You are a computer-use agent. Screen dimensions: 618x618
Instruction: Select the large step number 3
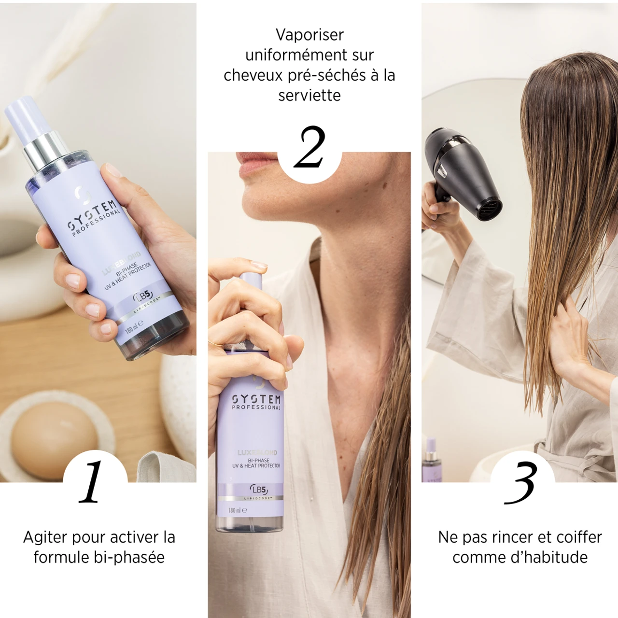click(x=521, y=483)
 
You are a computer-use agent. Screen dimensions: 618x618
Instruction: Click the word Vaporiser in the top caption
click(x=309, y=35)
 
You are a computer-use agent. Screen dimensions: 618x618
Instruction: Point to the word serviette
click(x=309, y=95)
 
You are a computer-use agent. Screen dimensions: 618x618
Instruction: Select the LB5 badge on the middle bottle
click(x=259, y=490)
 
